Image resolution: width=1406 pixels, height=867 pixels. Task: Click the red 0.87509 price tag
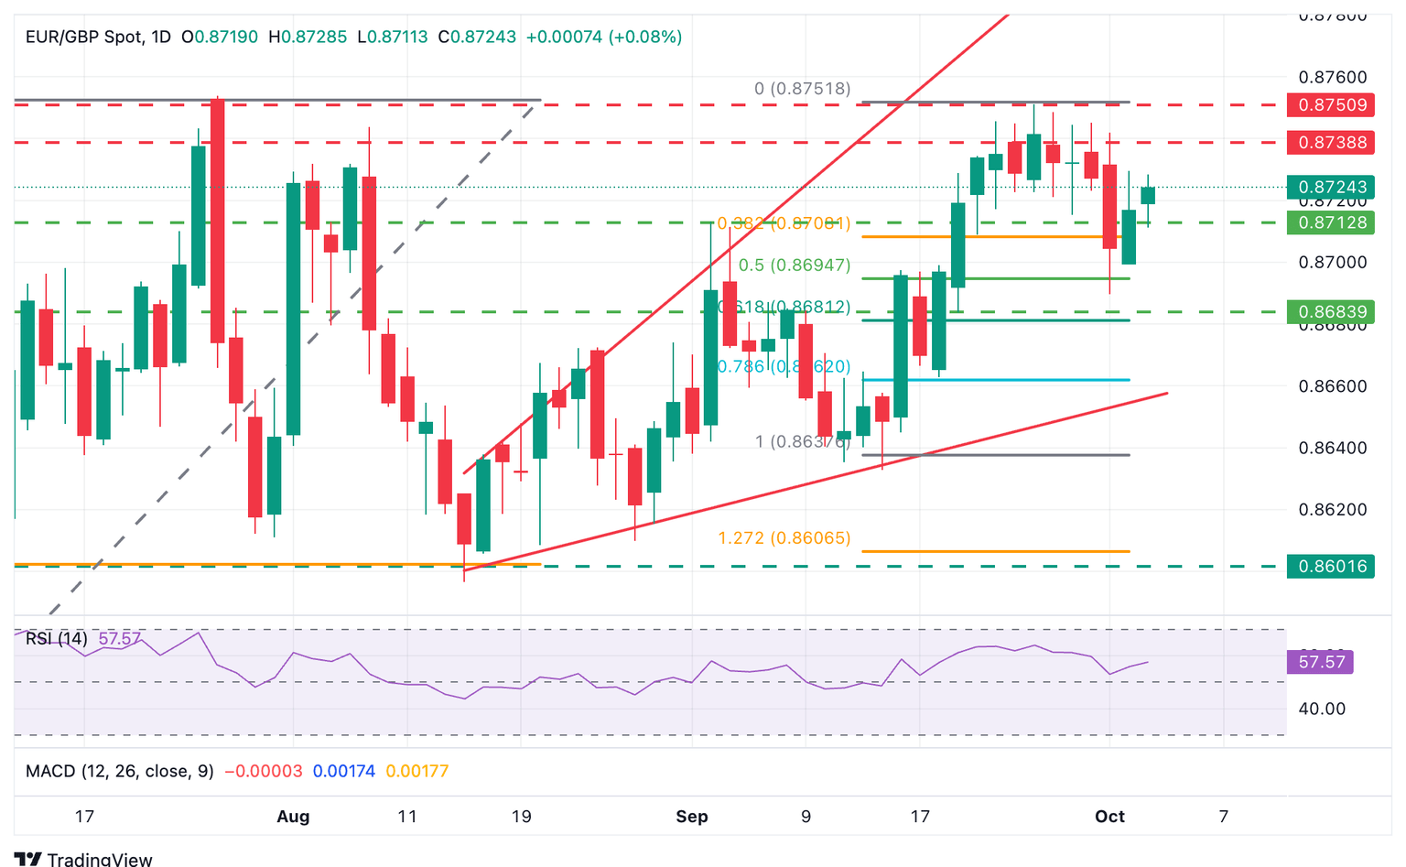point(1329,105)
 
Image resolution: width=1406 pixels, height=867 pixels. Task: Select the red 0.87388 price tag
point(1329,143)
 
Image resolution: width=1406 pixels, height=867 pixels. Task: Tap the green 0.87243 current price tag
point(1329,188)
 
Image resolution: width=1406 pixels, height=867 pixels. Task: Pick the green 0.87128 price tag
point(1329,223)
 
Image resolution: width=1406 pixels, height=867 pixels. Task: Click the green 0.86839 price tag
point(1329,312)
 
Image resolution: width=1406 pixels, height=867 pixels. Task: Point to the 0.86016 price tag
point(1329,567)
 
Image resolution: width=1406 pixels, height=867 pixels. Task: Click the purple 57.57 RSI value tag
point(1321,662)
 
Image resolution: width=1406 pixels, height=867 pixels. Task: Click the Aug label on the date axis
point(293,817)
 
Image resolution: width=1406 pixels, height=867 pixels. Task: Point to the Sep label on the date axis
point(692,817)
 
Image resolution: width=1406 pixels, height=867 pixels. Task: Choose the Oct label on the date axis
point(1109,817)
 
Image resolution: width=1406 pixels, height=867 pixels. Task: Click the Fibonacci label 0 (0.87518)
point(802,89)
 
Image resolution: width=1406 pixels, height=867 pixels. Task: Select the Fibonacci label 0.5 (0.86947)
point(795,266)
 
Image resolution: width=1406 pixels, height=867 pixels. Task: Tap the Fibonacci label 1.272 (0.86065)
point(784,538)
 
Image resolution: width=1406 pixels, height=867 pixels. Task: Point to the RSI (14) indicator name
point(57,639)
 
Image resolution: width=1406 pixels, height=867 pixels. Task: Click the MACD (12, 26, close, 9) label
point(120,772)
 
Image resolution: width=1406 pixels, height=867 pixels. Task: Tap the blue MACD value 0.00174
point(343,772)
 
